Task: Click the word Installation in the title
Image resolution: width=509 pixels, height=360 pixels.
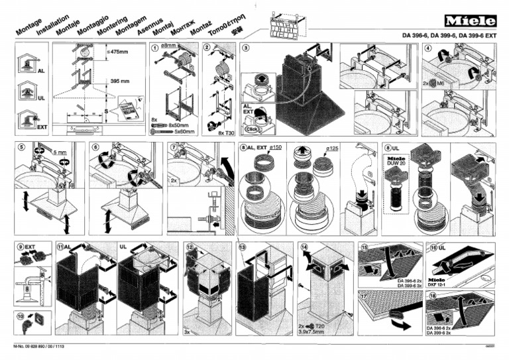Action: click(x=39, y=28)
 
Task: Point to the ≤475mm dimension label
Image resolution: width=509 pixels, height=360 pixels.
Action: click(x=117, y=51)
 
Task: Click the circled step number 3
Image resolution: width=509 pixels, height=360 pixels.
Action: click(x=246, y=48)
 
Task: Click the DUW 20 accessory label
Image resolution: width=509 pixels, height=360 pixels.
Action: click(x=397, y=167)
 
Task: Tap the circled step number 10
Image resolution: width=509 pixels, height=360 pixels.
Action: click(x=21, y=316)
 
